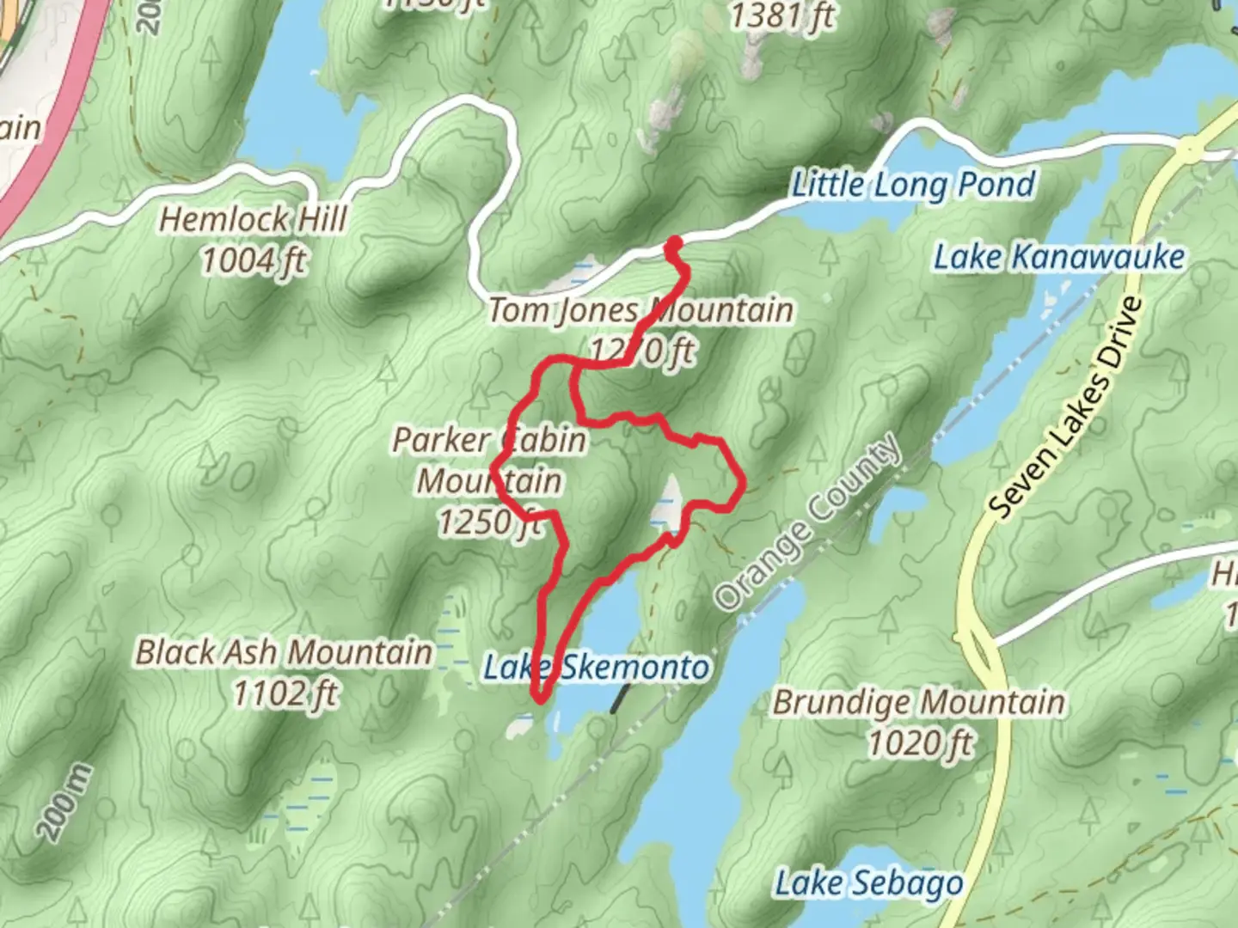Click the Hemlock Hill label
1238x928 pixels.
point(253,219)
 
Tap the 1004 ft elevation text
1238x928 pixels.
point(253,259)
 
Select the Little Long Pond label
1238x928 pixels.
point(913,185)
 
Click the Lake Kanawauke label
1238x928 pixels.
point(1059,257)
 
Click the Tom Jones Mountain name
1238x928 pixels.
point(640,310)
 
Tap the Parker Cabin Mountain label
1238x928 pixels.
point(489,461)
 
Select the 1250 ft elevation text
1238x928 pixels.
point(489,521)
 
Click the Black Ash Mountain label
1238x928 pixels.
point(284,652)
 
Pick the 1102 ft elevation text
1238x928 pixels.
point(285,693)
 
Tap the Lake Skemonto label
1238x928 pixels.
point(597,668)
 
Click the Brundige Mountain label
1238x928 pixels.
point(918,702)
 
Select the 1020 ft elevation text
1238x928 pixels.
point(919,742)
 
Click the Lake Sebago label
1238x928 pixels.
point(868,883)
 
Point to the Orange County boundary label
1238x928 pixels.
point(807,523)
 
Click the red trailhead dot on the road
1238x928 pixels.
point(674,245)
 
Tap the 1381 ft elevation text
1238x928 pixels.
point(781,15)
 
